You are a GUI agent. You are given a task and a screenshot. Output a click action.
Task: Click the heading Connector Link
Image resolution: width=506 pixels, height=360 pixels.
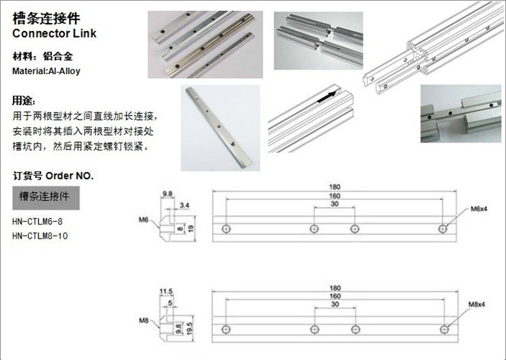pyautogui.click(x=55, y=33)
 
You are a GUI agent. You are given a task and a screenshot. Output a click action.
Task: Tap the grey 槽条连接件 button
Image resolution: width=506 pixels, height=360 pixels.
pyautogui.click(x=47, y=198)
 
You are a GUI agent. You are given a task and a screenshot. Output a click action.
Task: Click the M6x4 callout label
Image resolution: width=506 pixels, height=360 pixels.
pyautogui.click(x=479, y=210)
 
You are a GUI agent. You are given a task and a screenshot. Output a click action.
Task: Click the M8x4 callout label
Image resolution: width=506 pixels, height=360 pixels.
pyautogui.click(x=479, y=307)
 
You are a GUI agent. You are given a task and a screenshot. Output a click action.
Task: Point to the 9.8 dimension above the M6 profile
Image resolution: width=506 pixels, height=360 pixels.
pyautogui.click(x=167, y=194)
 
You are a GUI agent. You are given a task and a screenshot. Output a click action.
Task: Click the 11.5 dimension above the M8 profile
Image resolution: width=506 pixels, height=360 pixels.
pyautogui.click(x=167, y=291)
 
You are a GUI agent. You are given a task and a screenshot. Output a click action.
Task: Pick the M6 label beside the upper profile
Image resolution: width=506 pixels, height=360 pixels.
pyautogui.click(x=143, y=220)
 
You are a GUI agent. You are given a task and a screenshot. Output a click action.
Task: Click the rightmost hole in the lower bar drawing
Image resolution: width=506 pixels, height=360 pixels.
pyautogui.click(x=443, y=329)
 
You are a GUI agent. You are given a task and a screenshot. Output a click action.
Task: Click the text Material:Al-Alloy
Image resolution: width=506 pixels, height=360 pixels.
pyautogui.click(x=47, y=71)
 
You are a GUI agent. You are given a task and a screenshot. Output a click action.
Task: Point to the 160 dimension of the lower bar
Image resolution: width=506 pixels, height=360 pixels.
pyautogui.click(x=335, y=296)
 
